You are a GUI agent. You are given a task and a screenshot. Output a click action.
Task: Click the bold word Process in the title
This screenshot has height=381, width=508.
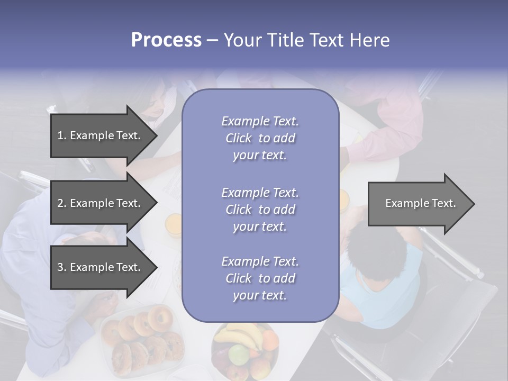coord(166,40)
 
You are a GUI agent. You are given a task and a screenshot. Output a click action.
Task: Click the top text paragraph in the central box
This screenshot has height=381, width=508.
coord(260,138)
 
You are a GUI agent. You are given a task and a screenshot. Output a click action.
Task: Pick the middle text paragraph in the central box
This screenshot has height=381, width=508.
coord(260,210)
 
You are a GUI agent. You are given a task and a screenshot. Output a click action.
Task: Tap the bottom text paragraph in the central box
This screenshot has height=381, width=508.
coord(260,278)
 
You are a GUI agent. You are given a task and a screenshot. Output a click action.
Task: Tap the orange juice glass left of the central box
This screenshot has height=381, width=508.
coord(174,224)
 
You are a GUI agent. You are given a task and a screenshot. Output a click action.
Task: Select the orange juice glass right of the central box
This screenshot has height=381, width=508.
coord(344,201)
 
